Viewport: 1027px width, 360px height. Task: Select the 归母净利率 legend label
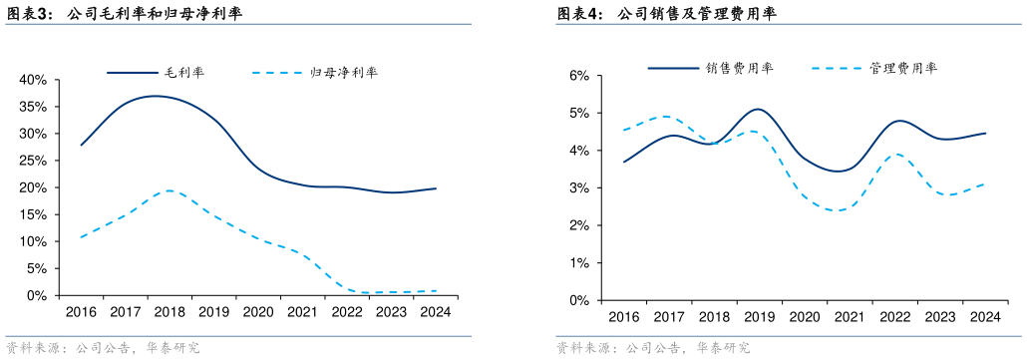click(x=345, y=73)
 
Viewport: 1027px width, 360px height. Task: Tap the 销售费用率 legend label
click(x=739, y=68)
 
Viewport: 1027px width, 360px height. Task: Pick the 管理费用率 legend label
click(x=903, y=68)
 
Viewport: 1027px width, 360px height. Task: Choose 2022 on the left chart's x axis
click(x=346, y=312)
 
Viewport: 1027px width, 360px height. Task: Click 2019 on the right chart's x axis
click(x=759, y=317)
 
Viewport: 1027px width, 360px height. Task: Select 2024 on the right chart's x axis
click(x=984, y=317)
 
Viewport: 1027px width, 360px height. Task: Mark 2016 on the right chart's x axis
click(x=624, y=317)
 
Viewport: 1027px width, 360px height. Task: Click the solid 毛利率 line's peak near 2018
click(x=155, y=96)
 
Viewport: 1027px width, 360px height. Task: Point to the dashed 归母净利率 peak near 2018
click(x=170, y=189)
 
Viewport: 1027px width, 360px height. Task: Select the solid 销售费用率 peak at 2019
click(x=758, y=109)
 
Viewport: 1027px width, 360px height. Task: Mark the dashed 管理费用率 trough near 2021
click(x=841, y=210)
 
